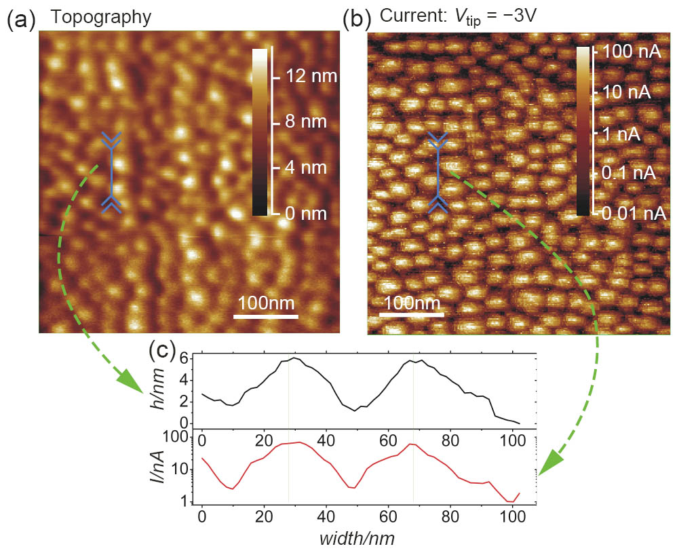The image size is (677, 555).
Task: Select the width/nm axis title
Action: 359,540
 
